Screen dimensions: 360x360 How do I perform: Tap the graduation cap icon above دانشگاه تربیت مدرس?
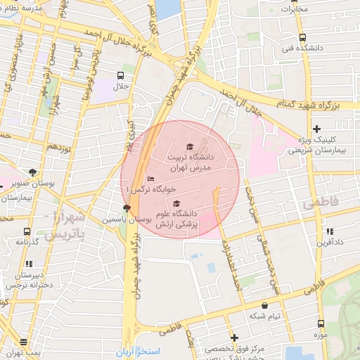point(189,146)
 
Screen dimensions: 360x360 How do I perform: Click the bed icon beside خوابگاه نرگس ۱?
point(151,179)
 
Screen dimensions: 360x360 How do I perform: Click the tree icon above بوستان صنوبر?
point(32,172)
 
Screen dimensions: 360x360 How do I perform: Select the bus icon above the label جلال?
point(121,75)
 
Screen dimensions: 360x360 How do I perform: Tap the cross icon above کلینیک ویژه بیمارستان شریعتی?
point(316,128)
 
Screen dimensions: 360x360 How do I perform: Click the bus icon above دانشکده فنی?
point(302,37)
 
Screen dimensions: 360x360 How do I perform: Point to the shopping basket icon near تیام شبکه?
point(264,305)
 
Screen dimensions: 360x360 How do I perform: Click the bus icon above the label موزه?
point(321,324)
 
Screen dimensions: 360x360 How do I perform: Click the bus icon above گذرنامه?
point(27,231)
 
